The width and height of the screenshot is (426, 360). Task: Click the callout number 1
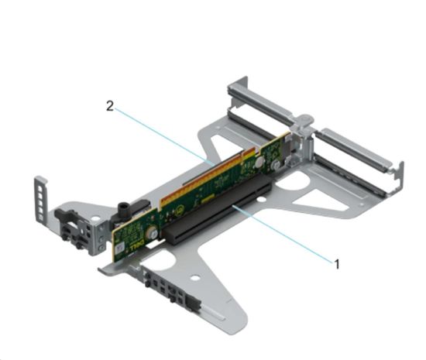(x=337, y=262)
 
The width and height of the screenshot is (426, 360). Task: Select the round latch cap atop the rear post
(x=304, y=121)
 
